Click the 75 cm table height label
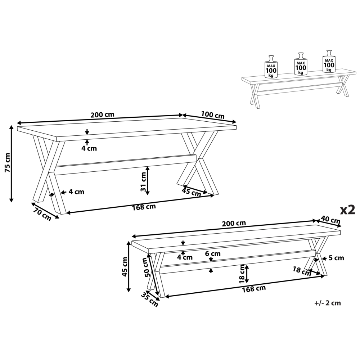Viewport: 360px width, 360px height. [7, 163]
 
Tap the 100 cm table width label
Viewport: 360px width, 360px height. [213, 115]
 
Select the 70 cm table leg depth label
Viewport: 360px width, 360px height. [42, 214]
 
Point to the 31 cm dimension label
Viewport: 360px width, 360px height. [144, 181]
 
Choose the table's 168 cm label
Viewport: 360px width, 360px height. [144, 207]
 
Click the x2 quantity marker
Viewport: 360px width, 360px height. [347, 210]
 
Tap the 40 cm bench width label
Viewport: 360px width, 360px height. [330, 220]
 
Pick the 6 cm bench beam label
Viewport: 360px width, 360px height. [213, 254]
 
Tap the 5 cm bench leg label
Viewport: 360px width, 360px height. [336, 258]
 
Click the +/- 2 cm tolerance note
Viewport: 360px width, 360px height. [328, 303]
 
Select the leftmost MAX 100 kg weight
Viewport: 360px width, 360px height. [271, 67]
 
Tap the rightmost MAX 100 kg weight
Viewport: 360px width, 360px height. [329, 61]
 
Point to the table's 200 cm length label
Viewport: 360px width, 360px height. [102, 114]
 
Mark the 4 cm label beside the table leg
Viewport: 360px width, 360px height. [76, 192]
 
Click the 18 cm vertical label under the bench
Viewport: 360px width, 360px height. [242, 274]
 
